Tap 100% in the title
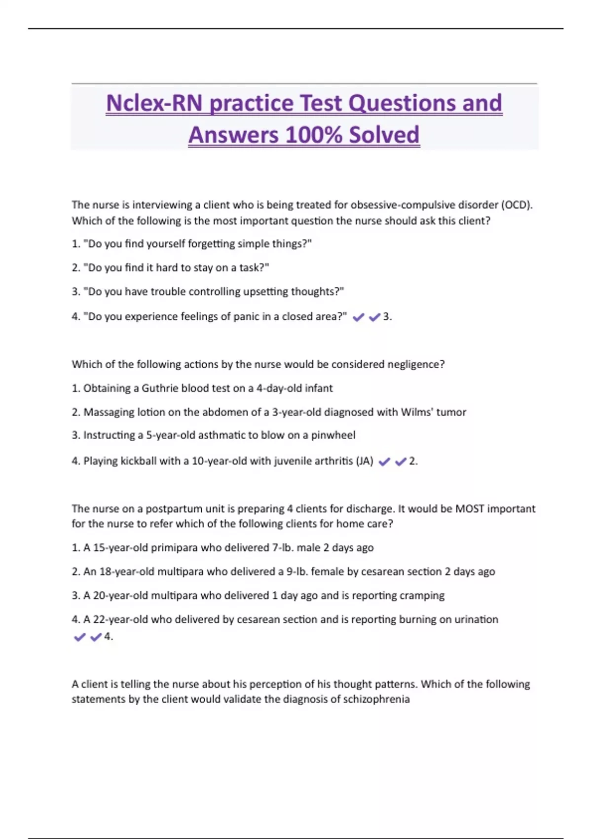click(x=313, y=135)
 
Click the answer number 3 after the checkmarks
click(x=386, y=317)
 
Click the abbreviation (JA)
click(x=364, y=461)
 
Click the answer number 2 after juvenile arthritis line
click(x=412, y=461)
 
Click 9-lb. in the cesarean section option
click(x=297, y=572)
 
